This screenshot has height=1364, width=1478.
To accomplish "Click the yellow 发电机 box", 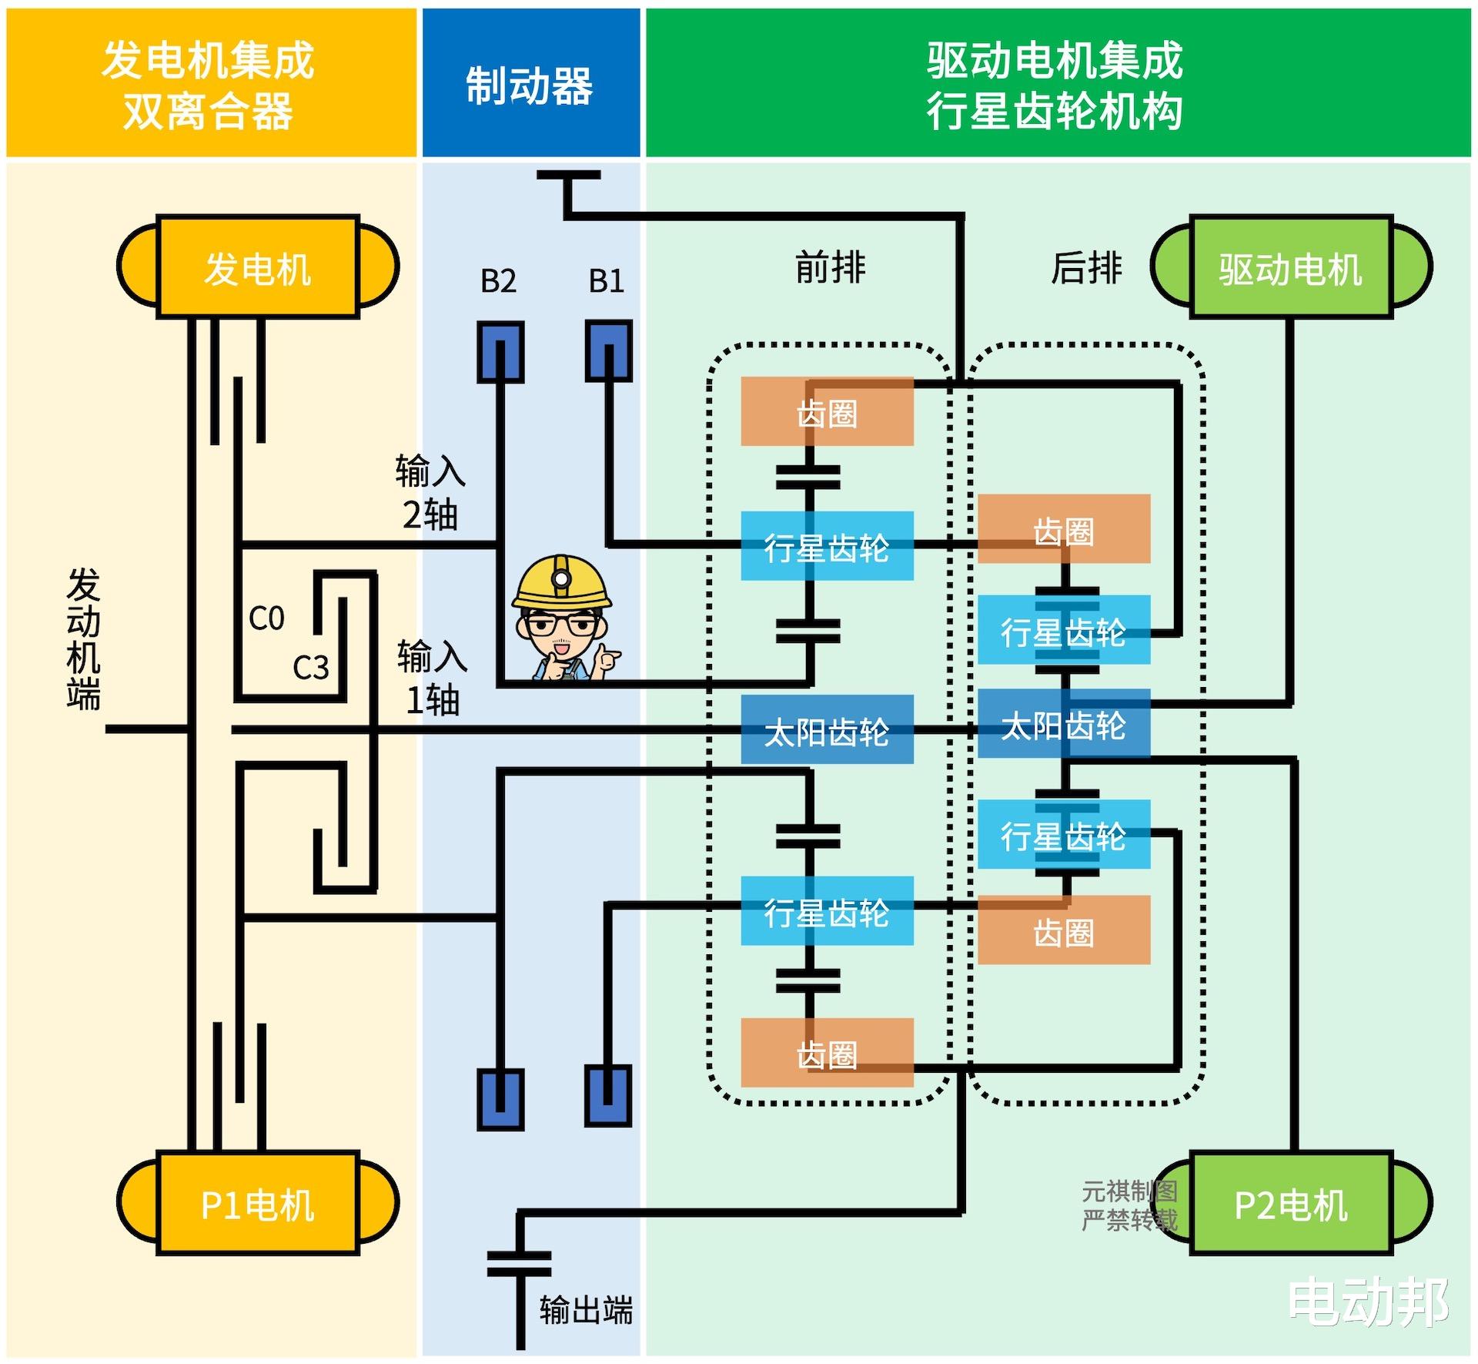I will [x=258, y=267].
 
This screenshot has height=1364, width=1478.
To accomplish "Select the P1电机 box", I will [x=258, y=1204].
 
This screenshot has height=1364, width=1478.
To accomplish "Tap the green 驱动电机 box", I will [x=1290, y=267].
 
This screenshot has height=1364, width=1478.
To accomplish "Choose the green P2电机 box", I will [x=1290, y=1204].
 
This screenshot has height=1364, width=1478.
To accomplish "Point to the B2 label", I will [x=498, y=281].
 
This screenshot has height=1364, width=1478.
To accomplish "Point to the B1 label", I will [x=607, y=281].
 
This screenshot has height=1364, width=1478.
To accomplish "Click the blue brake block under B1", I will [x=609, y=352].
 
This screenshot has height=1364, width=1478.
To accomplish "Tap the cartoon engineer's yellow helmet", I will [x=562, y=581].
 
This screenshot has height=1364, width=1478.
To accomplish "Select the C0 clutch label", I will [x=266, y=618].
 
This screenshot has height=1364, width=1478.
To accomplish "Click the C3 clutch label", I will [x=310, y=667].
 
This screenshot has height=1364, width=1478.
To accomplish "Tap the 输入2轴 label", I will [x=430, y=493].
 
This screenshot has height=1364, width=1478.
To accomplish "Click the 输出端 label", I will [x=586, y=1309].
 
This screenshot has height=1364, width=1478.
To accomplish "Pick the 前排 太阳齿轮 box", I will [x=827, y=730].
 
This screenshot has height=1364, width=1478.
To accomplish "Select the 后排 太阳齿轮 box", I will [x=1064, y=724].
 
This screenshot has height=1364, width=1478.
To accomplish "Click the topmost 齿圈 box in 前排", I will [x=827, y=412].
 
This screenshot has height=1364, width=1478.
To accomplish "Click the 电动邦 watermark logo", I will [x=1369, y=1302].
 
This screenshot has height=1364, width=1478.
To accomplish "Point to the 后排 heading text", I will [x=1086, y=268].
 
